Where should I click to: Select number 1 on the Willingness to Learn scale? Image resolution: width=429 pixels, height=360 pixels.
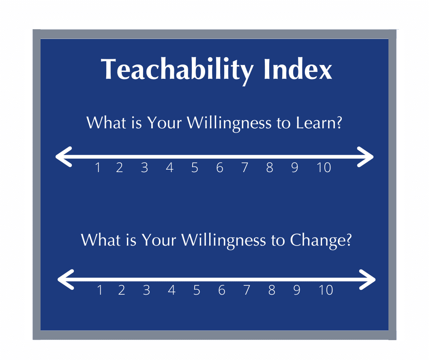click(97, 168)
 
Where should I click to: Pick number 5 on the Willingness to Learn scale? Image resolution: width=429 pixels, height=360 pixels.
click(195, 168)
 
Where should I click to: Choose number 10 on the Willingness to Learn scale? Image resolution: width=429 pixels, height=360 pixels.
click(324, 168)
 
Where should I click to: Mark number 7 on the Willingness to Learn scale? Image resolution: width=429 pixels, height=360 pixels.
click(245, 168)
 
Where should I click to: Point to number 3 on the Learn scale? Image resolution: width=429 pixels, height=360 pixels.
click(144, 168)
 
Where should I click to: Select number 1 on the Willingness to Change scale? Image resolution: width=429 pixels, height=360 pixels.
click(99, 290)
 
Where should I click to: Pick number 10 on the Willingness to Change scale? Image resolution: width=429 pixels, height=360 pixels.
click(326, 290)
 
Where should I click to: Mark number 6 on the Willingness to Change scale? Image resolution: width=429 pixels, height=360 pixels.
click(221, 290)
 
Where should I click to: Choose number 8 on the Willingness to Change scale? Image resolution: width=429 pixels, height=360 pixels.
click(272, 290)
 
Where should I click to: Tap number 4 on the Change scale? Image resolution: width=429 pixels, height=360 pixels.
click(172, 290)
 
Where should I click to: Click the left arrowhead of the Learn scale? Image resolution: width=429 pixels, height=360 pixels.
click(63, 157)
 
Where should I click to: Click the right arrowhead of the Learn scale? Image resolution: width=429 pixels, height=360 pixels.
click(366, 157)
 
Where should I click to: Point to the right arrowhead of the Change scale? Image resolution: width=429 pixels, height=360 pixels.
click(368, 279)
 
